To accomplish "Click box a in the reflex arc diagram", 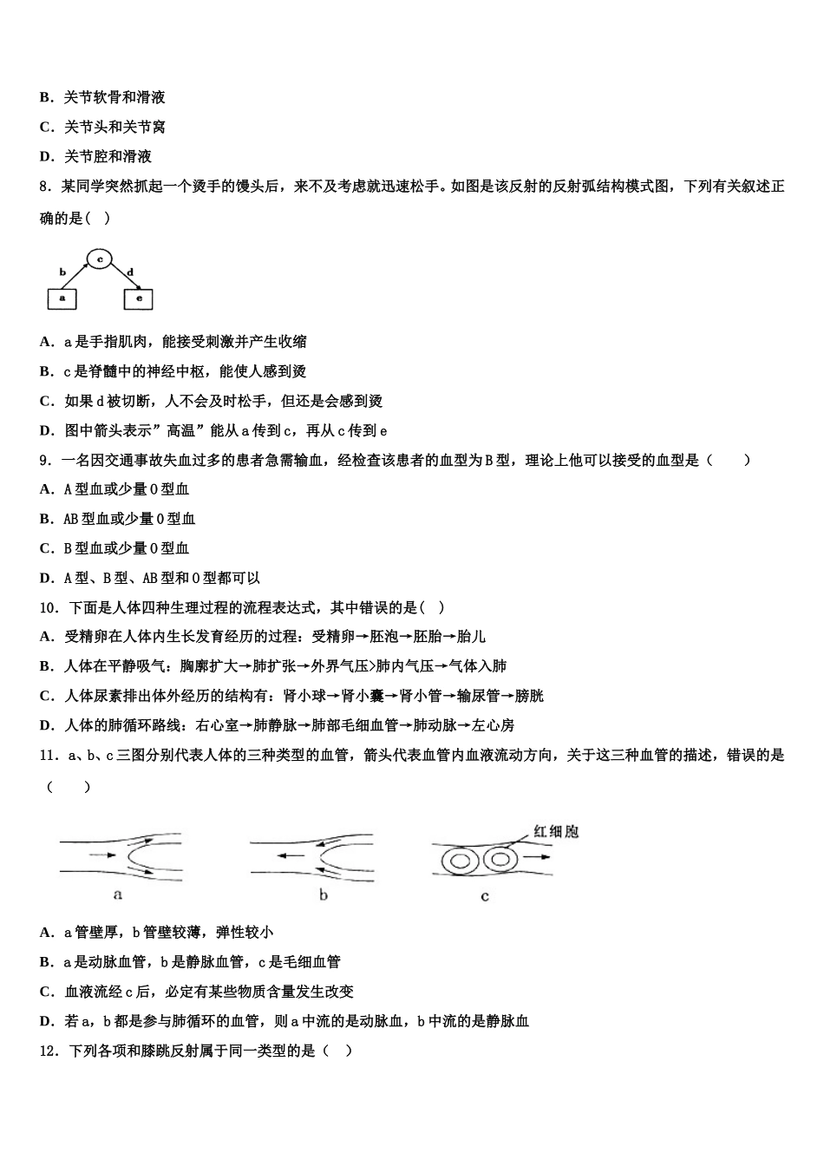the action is tap(62, 298).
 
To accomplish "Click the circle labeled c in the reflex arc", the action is tap(100, 259).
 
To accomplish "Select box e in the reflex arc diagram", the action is tap(139, 298).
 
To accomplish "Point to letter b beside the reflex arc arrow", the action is tap(62, 272).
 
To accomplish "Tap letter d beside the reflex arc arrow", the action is tap(131, 272).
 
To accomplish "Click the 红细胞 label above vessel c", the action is tap(556, 831).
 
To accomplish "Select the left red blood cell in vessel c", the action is tap(461, 861).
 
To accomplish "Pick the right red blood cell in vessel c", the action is tap(500, 860).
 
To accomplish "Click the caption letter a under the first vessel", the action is tap(118, 894).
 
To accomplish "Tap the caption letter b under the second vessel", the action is tap(323, 894).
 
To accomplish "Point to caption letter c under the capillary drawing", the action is tap(484, 895).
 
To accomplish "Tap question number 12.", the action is tap(49, 1050).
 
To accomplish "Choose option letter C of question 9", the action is tap(46, 548).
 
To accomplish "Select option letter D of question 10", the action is tap(46, 725).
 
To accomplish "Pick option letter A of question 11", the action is tap(46, 932).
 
